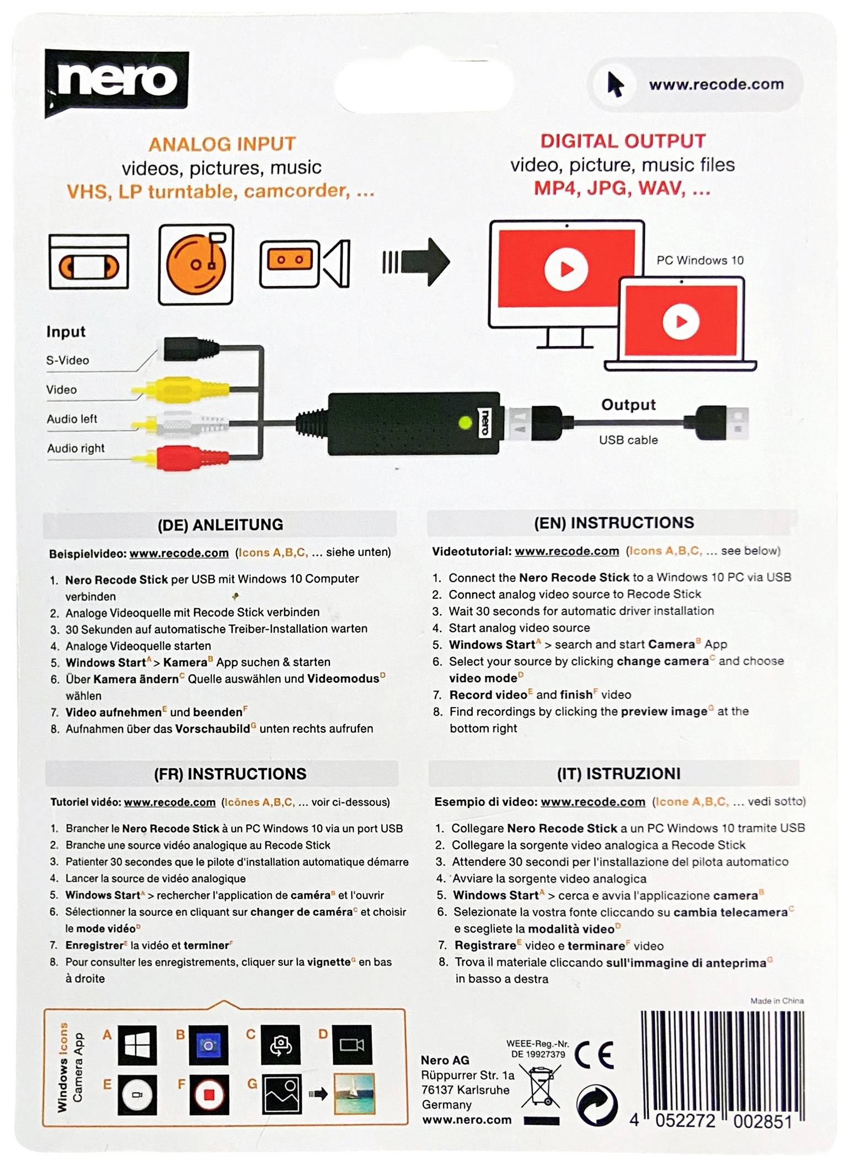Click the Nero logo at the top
point(116,82)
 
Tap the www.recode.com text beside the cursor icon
point(715,84)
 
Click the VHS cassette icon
point(89,262)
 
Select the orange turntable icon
point(196,264)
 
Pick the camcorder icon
point(305,264)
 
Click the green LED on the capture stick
point(465,423)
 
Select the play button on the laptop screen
point(681,322)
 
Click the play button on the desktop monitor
point(565,269)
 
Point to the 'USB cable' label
point(628,440)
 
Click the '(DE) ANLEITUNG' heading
point(220,524)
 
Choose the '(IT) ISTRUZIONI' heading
point(618,773)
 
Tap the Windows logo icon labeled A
point(137,1045)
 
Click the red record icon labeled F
point(209,1095)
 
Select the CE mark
point(594,1055)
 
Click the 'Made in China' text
point(776,1000)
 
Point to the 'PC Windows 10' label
point(700,260)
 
